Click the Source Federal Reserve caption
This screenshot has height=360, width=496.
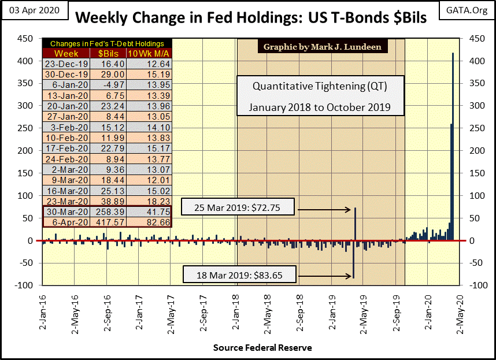(262, 348)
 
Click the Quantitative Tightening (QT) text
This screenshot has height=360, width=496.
(320, 86)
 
